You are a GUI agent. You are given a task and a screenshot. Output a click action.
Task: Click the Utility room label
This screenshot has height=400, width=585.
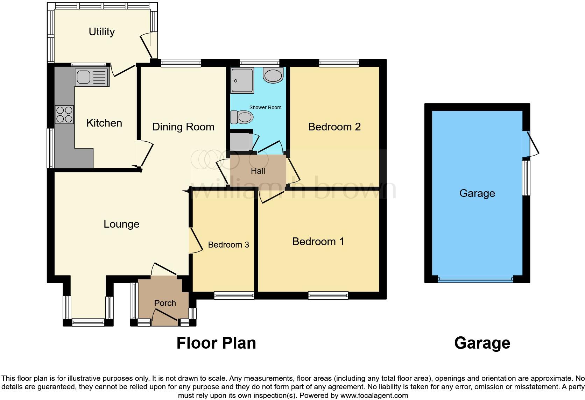(101, 32)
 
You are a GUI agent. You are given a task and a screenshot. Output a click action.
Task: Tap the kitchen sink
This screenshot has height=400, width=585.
(92, 77)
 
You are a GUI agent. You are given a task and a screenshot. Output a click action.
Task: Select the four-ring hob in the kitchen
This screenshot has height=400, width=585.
(64, 114)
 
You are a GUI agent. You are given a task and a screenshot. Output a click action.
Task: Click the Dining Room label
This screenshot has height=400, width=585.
(183, 127)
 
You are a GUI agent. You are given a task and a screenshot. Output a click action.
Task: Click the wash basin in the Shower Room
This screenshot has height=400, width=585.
(273, 76)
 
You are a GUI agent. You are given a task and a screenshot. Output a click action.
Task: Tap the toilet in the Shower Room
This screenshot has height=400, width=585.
(242, 117)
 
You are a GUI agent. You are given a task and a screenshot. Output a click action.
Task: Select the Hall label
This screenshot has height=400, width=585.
(258, 171)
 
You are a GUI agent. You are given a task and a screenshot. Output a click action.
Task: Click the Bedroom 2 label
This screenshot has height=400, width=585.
(334, 127)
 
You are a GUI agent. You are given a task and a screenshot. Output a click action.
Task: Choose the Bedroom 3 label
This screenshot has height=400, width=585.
(228, 245)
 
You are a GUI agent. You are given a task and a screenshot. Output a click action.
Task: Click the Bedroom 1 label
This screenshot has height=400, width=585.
(318, 242)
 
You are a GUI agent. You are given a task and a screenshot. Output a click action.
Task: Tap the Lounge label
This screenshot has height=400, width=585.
(121, 224)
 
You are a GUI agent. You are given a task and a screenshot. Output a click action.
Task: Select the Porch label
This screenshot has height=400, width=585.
(165, 303)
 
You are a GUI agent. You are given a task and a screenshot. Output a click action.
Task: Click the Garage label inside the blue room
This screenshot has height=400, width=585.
(477, 193)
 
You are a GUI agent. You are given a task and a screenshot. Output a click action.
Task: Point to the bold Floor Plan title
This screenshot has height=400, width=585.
(216, 343)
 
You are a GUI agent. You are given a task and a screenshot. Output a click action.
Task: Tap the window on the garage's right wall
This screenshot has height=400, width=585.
(526, 178)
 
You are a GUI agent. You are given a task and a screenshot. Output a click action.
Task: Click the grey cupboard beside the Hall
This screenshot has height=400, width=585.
(240, 141)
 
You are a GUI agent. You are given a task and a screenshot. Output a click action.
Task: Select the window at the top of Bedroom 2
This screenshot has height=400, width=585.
(339, 63)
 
